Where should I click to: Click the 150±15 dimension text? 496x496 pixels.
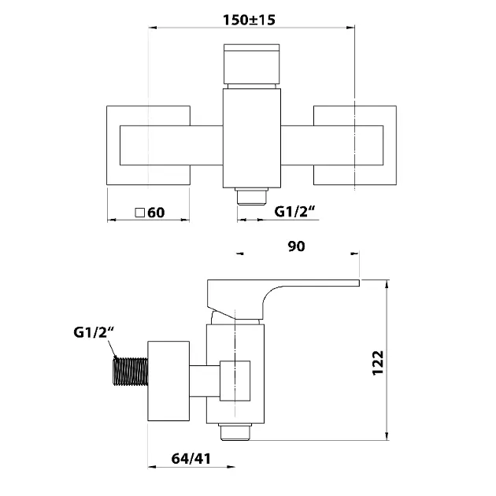249,20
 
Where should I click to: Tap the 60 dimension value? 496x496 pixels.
156,213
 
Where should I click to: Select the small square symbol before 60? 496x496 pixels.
139,213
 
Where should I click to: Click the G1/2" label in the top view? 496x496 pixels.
294,211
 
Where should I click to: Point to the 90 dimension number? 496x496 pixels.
296,246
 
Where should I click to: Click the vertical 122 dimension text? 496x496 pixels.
378,363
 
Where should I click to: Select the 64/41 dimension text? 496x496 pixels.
191,459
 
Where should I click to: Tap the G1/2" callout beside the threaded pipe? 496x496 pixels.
94,332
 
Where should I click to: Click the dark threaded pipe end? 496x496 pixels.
131,372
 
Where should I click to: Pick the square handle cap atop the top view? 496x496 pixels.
251,65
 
